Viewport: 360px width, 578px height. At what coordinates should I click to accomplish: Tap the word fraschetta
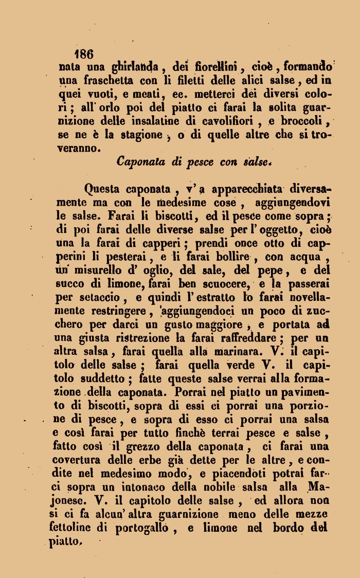107,80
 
